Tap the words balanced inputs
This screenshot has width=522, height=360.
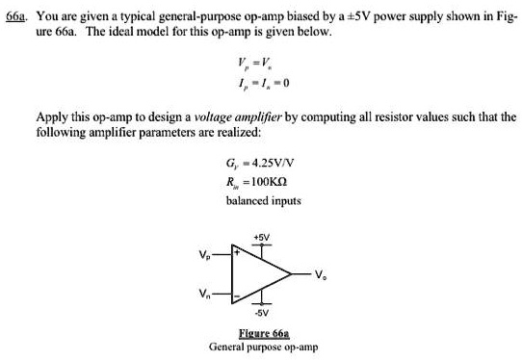[263, 201]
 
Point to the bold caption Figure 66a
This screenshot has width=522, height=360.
[261, 331]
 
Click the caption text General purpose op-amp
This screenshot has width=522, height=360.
[260, 345]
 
